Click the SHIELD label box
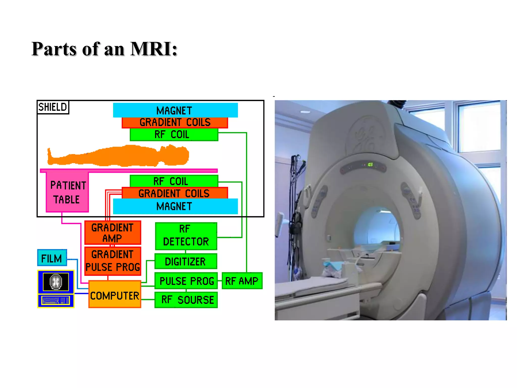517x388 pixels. [x=53, y=107]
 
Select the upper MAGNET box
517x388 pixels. [x=175, y=110]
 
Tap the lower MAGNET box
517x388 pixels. [x=175, y=206]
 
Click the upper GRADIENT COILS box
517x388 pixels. [x=175, y=123]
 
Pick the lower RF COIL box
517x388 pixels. [x=174, y=181]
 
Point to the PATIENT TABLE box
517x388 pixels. [x=67, y=192]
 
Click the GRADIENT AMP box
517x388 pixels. [x=113, y=233]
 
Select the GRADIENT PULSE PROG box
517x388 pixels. [x=113, y=261]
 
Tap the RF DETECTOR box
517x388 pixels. [x=186, y=236]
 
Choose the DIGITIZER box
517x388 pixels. [x=186, y=261]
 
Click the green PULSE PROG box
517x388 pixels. [x=186, y=281]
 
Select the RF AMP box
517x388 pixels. [x=242, y=281]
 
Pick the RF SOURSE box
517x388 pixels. [x=186, y=300]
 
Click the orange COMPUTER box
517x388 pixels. [x=115, y=295]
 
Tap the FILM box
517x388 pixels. [x=52, y=258]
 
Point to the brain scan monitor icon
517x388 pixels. [x=56, y=282]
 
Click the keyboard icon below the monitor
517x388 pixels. [x=56, y=301]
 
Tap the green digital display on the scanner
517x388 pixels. [x=370, y=165]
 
